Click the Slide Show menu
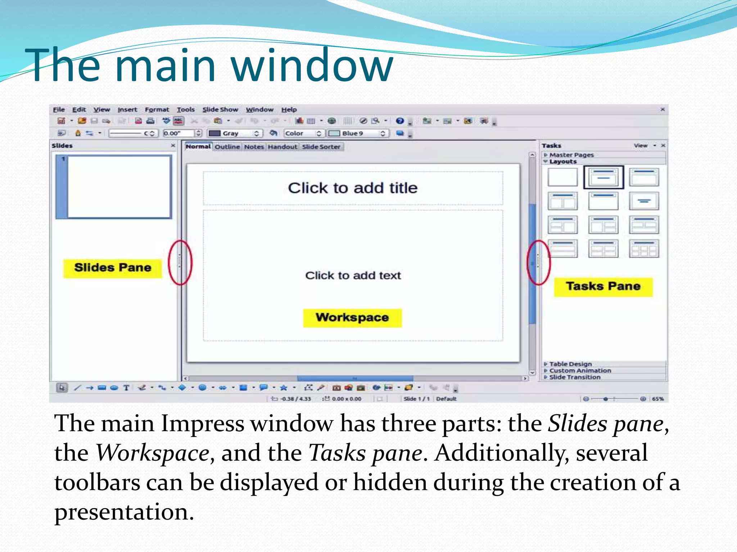[220, 110]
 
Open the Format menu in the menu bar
[157, 110]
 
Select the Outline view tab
[227, 147]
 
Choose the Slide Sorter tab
[321, 147]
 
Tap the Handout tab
[282, 147]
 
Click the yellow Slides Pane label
[113, 268]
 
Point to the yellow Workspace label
[352, 318]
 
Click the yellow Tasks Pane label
[603, 286]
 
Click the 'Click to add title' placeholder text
[353, 188]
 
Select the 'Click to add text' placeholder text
[353, 276]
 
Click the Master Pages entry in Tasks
[571, 155]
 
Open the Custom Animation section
[580, 371]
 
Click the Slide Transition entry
[575, 377]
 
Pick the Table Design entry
[570, 364]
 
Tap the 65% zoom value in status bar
[658, 399]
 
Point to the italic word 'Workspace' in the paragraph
[153, 453]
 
